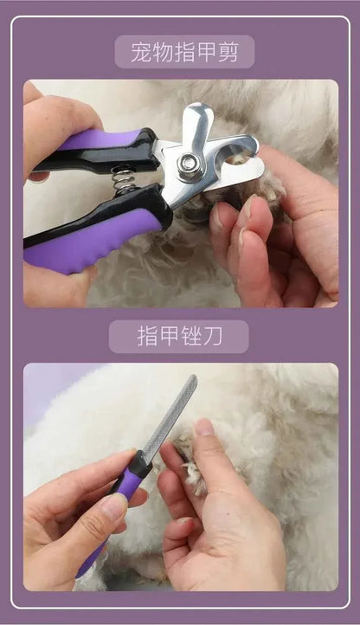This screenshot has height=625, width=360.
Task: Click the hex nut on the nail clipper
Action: point(190,164)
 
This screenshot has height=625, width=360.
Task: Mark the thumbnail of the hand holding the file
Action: point(113,506)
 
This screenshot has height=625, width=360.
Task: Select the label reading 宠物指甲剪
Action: point(184,52)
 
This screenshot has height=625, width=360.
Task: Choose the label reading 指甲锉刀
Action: point(178,336)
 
